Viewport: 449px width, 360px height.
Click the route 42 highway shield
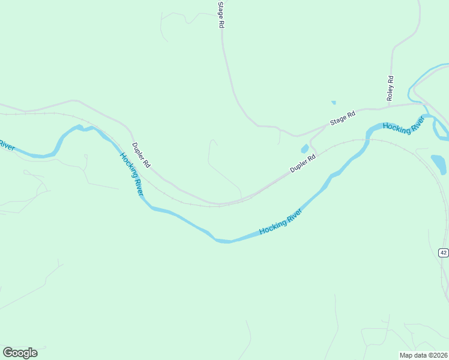(443, 253)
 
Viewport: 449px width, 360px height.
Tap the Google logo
(20, 353)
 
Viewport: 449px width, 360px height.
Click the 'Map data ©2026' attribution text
(423, 355)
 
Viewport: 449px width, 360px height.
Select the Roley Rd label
(390, 88)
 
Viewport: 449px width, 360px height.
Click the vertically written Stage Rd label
(221, 16)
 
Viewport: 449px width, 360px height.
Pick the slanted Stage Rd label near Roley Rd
(343, 118)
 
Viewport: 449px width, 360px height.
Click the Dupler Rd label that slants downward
(142, 155)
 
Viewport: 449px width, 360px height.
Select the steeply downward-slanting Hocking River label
(131, 174)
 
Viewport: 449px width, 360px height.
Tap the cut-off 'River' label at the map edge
(6, 145)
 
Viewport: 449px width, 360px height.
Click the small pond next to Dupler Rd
(305, 149)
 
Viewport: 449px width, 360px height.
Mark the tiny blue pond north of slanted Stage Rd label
(334, 103)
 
